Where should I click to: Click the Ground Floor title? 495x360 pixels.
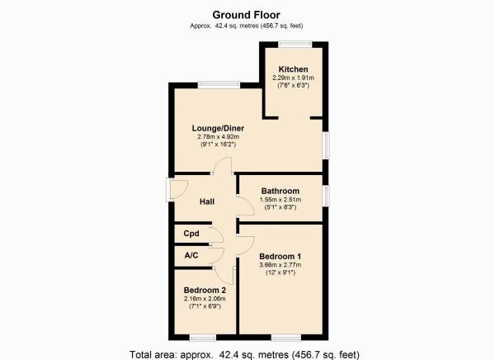(x=246, y=15)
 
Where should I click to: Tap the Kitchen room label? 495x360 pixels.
(x=293, y=69)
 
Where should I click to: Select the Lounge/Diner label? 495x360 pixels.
(x=218, y=128)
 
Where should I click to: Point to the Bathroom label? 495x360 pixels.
(x=280, y=191)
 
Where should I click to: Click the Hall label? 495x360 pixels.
(x=207, y=201)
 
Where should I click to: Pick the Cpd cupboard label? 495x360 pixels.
(x=191, y=234)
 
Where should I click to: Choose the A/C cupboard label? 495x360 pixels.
(x=191, y=255)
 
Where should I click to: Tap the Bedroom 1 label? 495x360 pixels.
(x=280, y=256)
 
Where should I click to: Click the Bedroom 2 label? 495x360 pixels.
(x=205, y=290)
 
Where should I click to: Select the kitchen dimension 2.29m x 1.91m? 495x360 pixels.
(x=293, y=78)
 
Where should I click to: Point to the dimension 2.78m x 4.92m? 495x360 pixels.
(x=218, y=137)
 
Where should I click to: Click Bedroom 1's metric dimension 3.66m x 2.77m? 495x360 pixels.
(x=280, y=265)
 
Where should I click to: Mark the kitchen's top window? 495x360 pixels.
(x=295, y=45)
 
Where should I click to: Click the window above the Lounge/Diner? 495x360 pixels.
(x=219, y=85)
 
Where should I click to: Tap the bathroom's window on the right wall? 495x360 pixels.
(x=326, y=196)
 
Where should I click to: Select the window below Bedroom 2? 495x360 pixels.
(x=203, y=338)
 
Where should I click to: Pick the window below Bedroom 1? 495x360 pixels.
(x=286, y=338)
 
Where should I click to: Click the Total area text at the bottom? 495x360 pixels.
(x=244, y=354)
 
